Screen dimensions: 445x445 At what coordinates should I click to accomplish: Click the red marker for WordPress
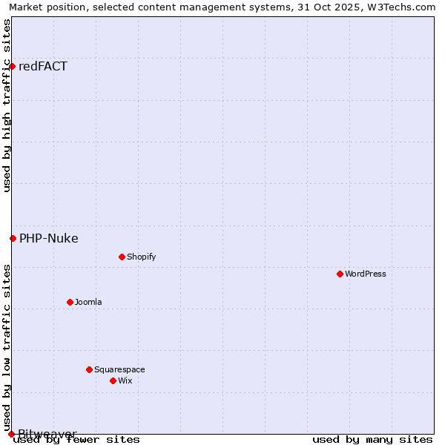coord(340,274)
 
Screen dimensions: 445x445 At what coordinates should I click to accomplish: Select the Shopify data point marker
coord(122,257)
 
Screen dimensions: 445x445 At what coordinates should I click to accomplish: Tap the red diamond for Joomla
coord(70,302)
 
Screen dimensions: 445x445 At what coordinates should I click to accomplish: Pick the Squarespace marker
coord(89,369)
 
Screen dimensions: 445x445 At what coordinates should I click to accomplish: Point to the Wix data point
coord(113,380)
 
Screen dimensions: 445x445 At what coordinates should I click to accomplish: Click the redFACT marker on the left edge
coord(12,66)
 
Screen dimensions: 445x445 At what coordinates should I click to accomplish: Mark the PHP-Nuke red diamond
coord(13,238)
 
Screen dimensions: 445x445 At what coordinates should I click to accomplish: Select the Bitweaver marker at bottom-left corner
coord(11,434)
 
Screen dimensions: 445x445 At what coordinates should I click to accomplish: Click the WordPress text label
coord(366,274)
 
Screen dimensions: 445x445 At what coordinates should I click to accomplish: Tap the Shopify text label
coord(141,257)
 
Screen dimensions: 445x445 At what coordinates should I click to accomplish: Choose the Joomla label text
coord(88,302)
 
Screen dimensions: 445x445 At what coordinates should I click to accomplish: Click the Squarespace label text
coord(119,369)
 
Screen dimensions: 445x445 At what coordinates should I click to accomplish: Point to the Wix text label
coord(125,380)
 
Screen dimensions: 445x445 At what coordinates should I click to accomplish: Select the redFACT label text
coord(43,66)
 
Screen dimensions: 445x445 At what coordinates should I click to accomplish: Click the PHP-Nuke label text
coord(49,238)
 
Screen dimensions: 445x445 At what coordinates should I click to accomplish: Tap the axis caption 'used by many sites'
coord(372,439)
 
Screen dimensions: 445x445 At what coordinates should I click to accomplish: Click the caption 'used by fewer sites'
coord(76,439)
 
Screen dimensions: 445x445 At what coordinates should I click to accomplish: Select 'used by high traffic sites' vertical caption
coord(7,105)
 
